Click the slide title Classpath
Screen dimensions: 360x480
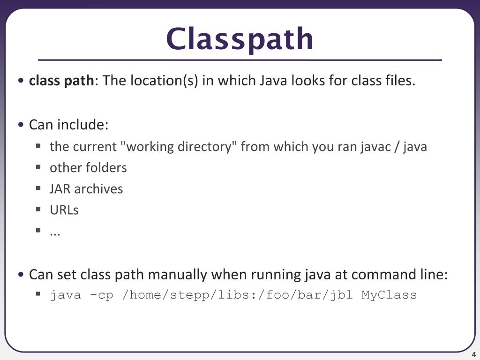(240, 39)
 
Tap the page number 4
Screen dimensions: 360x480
(474, 354)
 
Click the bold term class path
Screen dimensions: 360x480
(61, 81)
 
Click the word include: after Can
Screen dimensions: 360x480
(82, 125)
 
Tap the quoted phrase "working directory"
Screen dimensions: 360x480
(179, 147)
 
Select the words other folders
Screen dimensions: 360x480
(88, 168)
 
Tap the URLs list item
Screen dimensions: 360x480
(64, 210)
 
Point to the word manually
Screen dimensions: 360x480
(180, 274)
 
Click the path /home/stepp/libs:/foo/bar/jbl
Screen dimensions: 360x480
(237, 295)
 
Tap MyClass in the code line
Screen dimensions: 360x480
(389, 295)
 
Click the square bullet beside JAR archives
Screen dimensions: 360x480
(38, 188)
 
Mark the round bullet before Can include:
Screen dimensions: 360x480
(21, 125)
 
